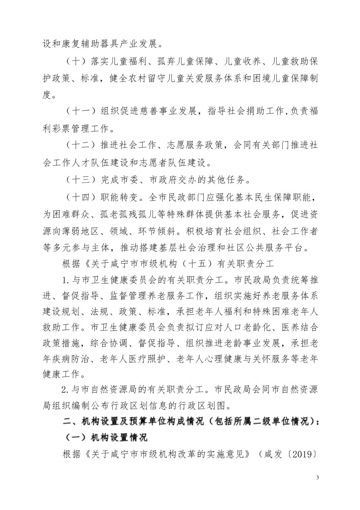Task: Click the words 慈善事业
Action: [x=158, y=111]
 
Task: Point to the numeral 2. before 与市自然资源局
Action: [x=65, y=389]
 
